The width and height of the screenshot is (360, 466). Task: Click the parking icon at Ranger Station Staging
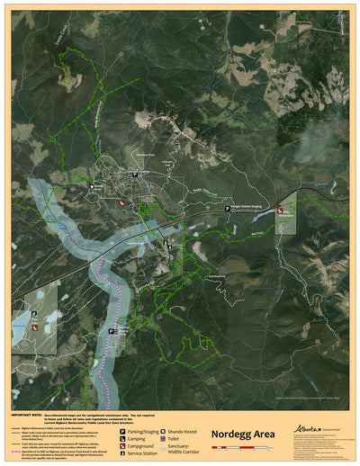(228, 208)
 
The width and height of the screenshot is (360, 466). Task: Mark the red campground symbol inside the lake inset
(35, 329)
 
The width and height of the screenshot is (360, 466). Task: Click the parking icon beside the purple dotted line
(112, 330)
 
